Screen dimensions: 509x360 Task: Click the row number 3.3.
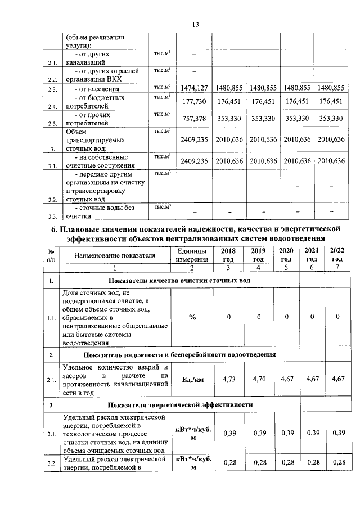pyautogui.click(x=52, y=216)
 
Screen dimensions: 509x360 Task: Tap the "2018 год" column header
pyautogui.click(x=228, y=255)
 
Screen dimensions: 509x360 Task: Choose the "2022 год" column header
pyautogui.click(x=337, y=255)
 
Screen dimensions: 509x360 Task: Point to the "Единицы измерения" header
pyautogui.click(x=192, y=255)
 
